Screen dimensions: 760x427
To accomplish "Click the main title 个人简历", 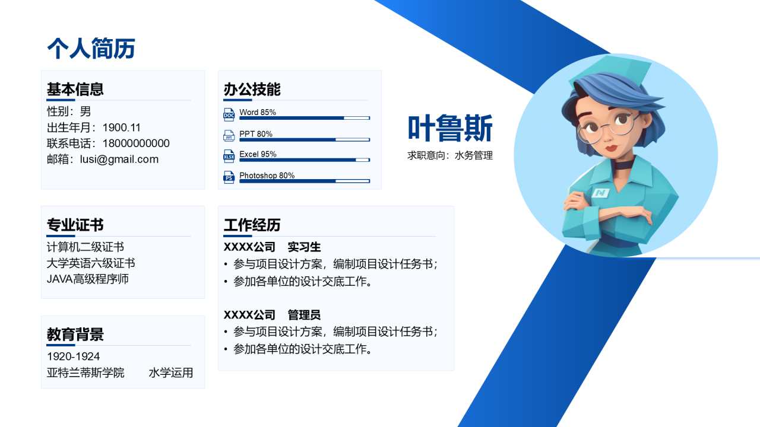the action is click(x=91, y=48).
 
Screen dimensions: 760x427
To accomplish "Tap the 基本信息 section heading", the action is click(x=75, y=89).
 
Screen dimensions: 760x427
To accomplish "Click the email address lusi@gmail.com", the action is click(x=119, y=160).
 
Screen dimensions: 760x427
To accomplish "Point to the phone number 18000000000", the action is click(x=136, y=144).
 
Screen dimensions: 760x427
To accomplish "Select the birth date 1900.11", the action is click(x=122, y=128).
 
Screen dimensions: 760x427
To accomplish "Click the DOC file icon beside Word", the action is click(x=229, y=114).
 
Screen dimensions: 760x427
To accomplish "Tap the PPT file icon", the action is click(x=229, y=136).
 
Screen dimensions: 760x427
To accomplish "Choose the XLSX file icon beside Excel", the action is click(x=229, y=156).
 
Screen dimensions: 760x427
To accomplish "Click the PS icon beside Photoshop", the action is click(x=229, y=177).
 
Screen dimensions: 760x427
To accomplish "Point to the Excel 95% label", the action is click(x=258, y=154).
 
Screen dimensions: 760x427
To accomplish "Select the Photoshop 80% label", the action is click(x=267, y=176).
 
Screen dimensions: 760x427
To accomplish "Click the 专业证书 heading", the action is click(x=75, y=225).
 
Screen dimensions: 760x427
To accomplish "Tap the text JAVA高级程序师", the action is click(x=87, y=279).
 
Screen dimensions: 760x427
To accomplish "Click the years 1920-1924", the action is click(x=73, y=356).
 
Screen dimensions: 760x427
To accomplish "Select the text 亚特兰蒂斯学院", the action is click(x=85, y=373).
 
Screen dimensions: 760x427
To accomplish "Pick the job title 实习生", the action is click(x=305, y=247).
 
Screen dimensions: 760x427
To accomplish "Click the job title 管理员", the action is click(x=305, y=315).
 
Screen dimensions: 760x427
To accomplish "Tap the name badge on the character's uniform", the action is click(x=600, y=193).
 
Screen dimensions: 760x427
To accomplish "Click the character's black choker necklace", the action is click(x=623, y=165).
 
